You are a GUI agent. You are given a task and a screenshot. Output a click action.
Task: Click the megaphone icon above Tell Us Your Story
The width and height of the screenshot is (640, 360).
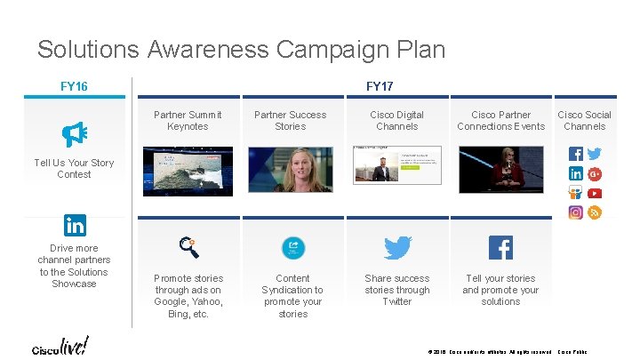click(74, 134)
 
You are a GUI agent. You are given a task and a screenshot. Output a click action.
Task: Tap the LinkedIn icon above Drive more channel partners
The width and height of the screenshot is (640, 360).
click(75, 225)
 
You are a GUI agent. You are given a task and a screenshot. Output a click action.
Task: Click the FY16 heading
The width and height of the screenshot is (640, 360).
click(74, 86)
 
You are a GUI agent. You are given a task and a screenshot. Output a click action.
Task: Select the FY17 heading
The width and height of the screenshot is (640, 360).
click(380, 86)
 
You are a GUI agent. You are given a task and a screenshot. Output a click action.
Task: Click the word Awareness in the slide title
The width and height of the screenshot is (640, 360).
click(205, 49)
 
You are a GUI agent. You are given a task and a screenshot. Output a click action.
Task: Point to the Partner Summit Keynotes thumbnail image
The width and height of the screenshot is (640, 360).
click(188, 170)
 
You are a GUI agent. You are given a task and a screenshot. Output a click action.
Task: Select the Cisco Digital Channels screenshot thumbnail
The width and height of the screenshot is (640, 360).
click(396, 165)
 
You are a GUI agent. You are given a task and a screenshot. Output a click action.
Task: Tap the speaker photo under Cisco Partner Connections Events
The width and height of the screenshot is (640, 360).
click(500, 169)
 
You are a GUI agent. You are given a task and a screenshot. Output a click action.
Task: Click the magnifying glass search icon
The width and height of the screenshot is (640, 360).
click(188, 246)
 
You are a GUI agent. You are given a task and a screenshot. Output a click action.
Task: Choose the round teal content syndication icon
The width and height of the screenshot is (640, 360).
click(293, 248)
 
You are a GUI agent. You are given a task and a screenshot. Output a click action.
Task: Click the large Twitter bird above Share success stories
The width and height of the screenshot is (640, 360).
click(397, 247)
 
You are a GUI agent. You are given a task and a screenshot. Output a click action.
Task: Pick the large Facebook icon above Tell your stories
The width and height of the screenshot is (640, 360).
click(500, 247)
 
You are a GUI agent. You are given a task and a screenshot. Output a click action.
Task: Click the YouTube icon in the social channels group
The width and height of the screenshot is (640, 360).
click(595, 193)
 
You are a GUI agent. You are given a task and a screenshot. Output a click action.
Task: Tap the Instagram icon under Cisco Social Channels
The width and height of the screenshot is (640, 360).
click(576, 212)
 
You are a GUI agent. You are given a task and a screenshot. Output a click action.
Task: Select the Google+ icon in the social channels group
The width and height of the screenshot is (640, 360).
click(595, 173)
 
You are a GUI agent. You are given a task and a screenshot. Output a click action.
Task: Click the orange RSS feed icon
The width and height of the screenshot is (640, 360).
click(595, 212)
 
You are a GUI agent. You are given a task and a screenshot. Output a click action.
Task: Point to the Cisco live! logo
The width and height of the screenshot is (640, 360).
click(60, 346)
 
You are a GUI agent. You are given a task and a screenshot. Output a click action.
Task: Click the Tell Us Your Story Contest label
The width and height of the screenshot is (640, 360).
click(74, 168)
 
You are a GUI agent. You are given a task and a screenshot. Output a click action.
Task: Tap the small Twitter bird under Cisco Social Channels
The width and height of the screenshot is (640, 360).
click(595, 154)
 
